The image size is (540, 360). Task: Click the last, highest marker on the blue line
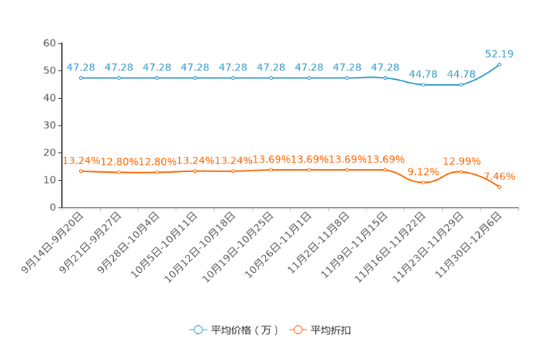(499, 64)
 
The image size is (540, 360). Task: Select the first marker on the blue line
(81, 77)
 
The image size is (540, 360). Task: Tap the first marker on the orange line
(81, 171)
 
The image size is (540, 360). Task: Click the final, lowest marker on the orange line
(499, 187)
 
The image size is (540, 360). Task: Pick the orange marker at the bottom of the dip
(423, 182)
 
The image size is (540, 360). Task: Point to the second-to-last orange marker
(461, 171)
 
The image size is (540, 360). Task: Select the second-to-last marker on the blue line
(461, 84)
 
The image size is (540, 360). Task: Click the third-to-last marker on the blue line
(423, 84)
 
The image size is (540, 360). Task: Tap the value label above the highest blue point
(499, 53)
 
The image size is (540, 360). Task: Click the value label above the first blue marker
(81, 67)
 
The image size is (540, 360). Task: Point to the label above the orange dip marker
(422, 171)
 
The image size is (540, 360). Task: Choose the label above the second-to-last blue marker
(462, 73)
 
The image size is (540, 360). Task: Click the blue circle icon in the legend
(197, 330)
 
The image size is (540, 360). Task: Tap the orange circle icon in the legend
(297, 330)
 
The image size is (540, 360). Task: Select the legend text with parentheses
(245, 330)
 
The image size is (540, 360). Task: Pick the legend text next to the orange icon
(331, 330)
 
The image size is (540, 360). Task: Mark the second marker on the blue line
(119, 77)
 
